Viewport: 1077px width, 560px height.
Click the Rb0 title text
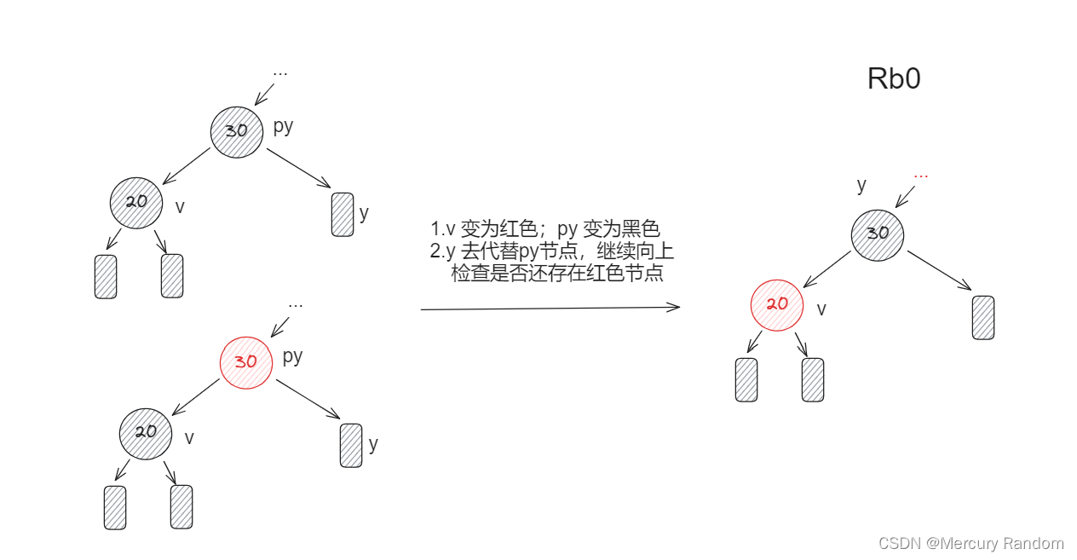click(x=894, y=79)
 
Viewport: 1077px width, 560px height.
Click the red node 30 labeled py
click(x=245, y=361)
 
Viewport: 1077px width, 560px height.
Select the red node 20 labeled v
click(x=776, y=303)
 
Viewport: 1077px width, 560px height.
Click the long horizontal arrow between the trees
click(x=550, y=309)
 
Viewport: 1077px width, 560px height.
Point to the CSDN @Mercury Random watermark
click(x=970, y=543)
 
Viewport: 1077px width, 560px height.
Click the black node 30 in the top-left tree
click(x=236, y=131)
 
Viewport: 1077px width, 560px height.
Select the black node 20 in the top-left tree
click(x=136, y=202)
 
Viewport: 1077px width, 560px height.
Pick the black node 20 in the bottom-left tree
click(x=146, y=432)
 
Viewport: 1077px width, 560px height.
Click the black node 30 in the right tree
click(x=877, y=234)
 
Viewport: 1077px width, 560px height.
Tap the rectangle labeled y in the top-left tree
click(x=343, y=214)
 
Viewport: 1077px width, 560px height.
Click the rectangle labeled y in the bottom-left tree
click(x=351, y=445)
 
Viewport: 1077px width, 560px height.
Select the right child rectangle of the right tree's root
click(x=983, y=317)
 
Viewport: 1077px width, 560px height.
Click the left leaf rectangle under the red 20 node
click(x=746, y=379)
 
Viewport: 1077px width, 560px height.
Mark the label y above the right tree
click(x=861, y=184)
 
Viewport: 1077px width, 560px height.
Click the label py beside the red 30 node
click(x=292, y=355)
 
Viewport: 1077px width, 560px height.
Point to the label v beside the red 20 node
click(x=821, y=309)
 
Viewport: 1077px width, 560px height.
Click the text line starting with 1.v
click(x=545, y=229)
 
